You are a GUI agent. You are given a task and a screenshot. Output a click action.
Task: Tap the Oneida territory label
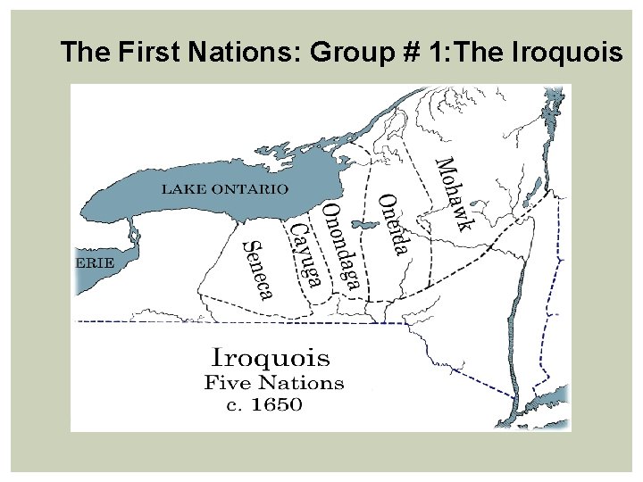(394, 223)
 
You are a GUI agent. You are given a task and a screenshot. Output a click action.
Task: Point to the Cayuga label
(305, 255)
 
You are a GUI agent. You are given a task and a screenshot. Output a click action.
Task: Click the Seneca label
(258, 269)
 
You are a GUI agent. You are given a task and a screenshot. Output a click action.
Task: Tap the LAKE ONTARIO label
(224, 189)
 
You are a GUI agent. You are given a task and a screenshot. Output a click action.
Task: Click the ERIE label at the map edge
(93, 262)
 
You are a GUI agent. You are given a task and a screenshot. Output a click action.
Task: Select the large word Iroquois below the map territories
(270, 359)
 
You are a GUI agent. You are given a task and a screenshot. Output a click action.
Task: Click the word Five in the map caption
(226, 384)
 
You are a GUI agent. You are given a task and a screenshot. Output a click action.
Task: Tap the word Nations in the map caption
(300, 384)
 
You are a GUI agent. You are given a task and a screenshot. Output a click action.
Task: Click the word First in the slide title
(149, 53)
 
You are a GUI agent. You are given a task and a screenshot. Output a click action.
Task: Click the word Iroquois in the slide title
(568, 53)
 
